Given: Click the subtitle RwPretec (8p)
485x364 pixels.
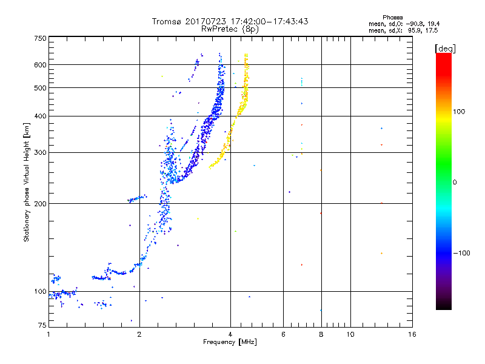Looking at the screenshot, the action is click(230, 29).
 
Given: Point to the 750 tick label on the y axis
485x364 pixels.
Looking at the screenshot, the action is click(40, 38).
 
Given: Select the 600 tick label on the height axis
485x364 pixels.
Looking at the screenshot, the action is click(40, 65).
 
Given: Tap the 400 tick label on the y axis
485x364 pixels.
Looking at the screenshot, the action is click(40, 116).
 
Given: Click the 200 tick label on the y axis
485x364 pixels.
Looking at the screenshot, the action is click(40, 204).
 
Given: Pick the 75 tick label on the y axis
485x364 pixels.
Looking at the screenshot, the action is click(42, 325).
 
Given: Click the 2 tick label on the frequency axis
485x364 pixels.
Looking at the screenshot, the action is click(139, 334).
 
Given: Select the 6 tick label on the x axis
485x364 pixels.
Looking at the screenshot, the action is click(283, 334).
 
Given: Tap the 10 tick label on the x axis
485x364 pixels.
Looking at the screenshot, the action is click(350, 334).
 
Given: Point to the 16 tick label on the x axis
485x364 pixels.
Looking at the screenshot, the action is click(412, 334).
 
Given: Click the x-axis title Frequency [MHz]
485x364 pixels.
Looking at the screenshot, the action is click(230, 342).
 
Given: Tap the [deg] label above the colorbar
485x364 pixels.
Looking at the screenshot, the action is click(445, 49).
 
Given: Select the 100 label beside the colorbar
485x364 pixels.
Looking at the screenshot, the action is click(459, 112).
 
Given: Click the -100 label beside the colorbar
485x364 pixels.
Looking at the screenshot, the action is click(462, 253).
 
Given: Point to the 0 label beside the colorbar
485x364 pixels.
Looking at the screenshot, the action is click(455, 183).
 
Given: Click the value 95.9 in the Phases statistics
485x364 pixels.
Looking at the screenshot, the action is click(415, 31).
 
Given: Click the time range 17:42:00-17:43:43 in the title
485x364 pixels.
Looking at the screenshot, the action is click(269, 21).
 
